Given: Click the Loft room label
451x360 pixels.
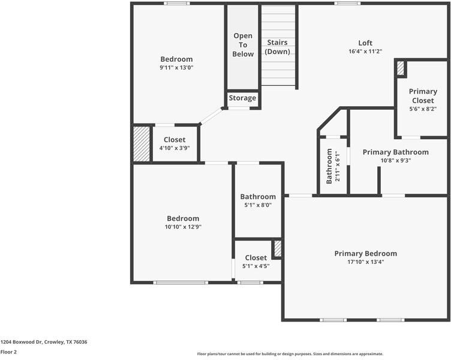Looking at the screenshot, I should click(365, 43).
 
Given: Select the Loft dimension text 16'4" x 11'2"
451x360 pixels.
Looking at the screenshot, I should click(365, 52).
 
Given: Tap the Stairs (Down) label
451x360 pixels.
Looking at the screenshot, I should click(278, 47).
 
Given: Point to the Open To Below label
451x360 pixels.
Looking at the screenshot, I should click(243, 45).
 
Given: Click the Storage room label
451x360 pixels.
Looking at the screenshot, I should click(242, 98).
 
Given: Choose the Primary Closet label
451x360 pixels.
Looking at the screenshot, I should click(423, 96).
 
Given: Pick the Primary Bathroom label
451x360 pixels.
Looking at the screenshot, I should click(395, 152).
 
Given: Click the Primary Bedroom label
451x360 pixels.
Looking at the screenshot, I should click(365, 253).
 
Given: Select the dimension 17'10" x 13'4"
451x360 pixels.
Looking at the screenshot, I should click(365, 262).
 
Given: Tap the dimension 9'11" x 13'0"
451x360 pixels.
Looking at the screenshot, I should click(176, 68).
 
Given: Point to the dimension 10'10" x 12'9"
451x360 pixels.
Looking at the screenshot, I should click(183, 227).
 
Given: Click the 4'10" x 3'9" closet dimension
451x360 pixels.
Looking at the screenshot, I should click(175, 148).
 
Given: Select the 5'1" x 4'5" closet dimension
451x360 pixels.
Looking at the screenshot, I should click(255, 266).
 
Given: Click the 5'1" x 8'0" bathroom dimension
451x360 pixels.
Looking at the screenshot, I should click(258, 205).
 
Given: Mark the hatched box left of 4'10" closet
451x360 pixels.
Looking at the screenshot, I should click(141, 143).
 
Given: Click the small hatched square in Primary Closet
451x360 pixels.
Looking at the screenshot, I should click(400, 68).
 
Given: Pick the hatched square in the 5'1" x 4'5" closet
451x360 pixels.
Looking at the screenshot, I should click(277, 248).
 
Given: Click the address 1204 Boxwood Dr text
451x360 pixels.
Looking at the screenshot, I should click(44, 341).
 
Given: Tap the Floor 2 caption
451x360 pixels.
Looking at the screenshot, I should click(8, 352).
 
